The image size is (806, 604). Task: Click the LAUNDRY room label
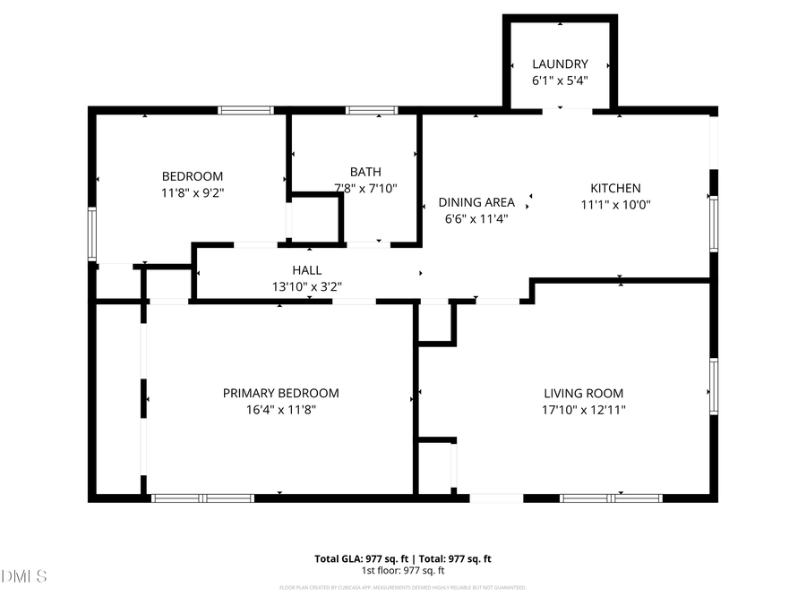point(560,64)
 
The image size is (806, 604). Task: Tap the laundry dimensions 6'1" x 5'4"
point(560,80)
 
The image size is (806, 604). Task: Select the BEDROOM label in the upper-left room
point(192,176)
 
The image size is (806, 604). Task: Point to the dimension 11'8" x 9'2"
point(192,192)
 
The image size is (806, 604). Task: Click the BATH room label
point(365,172)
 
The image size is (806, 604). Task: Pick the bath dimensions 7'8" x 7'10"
point(365,188)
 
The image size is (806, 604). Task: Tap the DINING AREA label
point(476,202)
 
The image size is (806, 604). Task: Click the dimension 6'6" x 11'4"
point(476,218)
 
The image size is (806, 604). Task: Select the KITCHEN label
point(615,188)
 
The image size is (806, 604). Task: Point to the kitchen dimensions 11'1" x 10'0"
point(615,204)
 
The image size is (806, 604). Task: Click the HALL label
point(306,270)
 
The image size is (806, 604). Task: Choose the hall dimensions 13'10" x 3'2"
point(306,286)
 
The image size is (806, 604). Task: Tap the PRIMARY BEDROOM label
point(280,393)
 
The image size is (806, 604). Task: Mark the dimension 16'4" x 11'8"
point(280,409)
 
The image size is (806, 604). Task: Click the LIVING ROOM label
point(584,393)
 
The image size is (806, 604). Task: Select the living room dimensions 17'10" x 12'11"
point(584,409)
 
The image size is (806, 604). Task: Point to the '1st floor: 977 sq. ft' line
point(402,570)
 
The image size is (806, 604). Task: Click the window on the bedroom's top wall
point(245,110)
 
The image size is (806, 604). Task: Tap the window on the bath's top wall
point(372,110)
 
